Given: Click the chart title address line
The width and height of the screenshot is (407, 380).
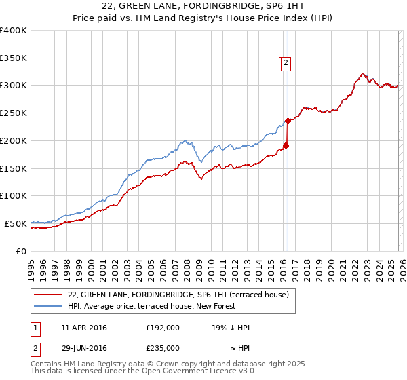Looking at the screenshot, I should (x=203, y=7).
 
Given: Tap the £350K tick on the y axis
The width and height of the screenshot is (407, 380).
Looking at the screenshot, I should (x=14, y=58).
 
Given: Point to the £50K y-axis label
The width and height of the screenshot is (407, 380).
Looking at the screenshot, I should (x=16, y=223).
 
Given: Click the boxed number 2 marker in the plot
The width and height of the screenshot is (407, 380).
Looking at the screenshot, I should (x=286, y=63).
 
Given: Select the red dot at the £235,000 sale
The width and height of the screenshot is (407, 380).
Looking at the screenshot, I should (x=288, y=121).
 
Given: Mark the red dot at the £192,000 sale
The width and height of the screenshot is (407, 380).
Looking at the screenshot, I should (x=286, y=145).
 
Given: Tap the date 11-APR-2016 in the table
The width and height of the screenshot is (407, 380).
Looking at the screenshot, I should (x=83, y=328).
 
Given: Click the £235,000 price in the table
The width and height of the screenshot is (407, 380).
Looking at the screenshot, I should (x=163, y=347).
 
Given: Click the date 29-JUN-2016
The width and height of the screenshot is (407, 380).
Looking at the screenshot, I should (x=83, y=347).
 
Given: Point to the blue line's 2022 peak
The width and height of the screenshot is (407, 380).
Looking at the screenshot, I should (x=364, y=73).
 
